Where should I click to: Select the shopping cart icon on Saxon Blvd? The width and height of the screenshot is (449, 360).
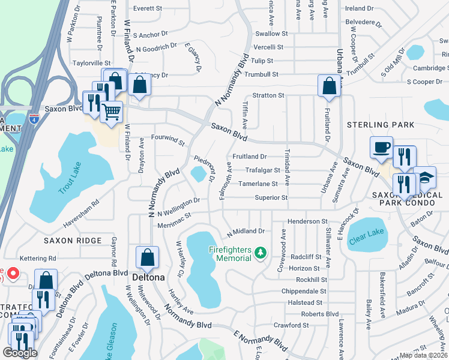click(x=111, y=112)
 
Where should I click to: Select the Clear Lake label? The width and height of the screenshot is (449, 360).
click(x=366, y=233)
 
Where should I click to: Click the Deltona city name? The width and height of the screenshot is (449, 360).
click(x=148, y=278)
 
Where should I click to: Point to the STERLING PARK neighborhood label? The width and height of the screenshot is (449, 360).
click(x=381, y=125)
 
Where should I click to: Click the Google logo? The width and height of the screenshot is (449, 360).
click(x=20, y=353)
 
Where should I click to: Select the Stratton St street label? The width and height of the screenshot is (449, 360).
click(x=268, y=95)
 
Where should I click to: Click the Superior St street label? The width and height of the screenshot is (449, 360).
click(x=271, y=197)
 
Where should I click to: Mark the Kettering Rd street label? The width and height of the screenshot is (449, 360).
click(x=37, y=258)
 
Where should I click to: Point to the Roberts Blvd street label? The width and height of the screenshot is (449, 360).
click(x=319, y=314)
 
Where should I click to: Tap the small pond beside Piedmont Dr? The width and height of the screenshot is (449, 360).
click(x=197, y=174)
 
